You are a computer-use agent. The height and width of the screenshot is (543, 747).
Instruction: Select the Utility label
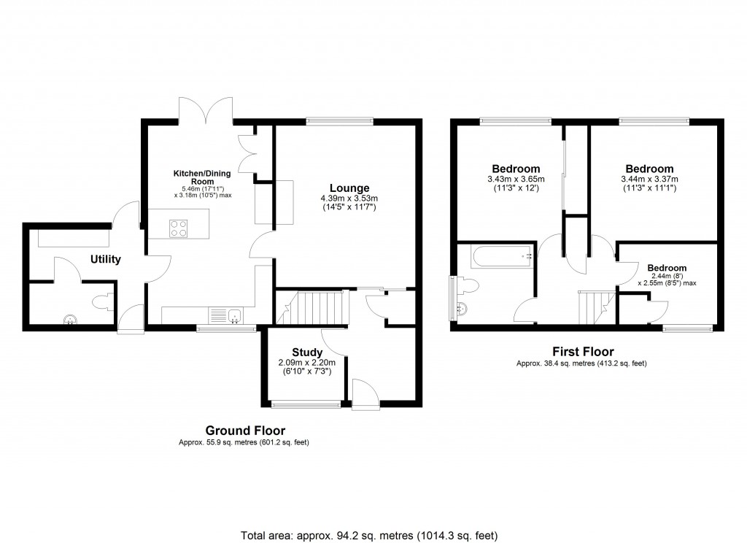click(x=106, y=259)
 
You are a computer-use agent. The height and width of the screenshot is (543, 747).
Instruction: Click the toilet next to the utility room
click(x=103, y=300)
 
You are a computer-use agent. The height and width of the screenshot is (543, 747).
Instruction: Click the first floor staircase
click(x=593, y=307)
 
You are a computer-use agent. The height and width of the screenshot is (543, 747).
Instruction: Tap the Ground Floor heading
click(x=244, y=431)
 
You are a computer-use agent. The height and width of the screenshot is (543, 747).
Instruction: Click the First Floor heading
click(x=581, y=352)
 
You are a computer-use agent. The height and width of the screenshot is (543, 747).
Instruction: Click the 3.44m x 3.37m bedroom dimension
click(x=649, y=180)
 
